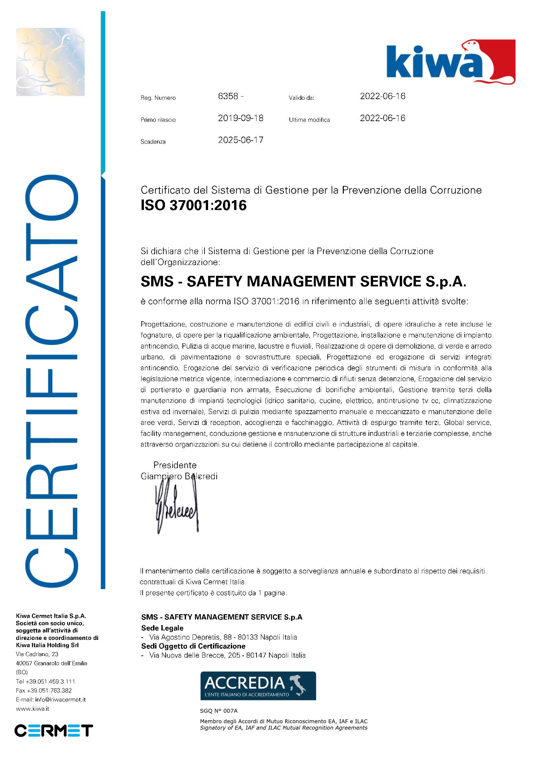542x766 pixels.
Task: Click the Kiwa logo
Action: click(x=450, y=62)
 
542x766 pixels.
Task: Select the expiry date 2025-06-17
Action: click(x=241, y=140)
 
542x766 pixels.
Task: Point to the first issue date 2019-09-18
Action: click(x=241, y=118)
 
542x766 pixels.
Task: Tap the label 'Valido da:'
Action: click(x=301, y=98)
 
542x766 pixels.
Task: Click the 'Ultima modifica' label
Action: click(x=309, y=120)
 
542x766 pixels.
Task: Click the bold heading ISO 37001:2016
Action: click(x=194, y=205)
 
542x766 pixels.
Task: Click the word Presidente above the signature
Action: click(x=175, y=465)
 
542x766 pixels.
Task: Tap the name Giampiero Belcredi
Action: click(x=179, y=476)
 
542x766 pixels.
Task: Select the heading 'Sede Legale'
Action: click(x=162, y=628)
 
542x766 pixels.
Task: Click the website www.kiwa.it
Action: click(x=32, y=709)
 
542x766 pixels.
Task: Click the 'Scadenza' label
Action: click(x=153, y=142)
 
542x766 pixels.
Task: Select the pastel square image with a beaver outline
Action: click(x=50, y=62)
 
